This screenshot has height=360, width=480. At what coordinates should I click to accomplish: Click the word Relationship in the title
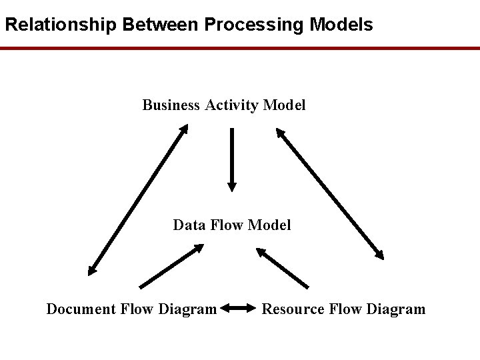61,25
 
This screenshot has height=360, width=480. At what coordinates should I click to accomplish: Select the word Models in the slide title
341,25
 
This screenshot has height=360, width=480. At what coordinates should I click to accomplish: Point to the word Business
171,105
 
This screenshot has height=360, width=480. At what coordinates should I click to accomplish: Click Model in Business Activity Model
285,105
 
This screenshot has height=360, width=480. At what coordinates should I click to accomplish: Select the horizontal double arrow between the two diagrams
238,308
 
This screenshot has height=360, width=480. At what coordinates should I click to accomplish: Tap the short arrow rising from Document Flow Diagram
171,266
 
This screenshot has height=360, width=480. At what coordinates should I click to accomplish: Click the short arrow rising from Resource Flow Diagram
283,267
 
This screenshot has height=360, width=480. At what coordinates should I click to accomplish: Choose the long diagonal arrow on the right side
330,193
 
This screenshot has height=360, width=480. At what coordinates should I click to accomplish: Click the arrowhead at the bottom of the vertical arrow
231,186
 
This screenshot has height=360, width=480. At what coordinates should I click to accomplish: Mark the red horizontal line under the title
240,49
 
